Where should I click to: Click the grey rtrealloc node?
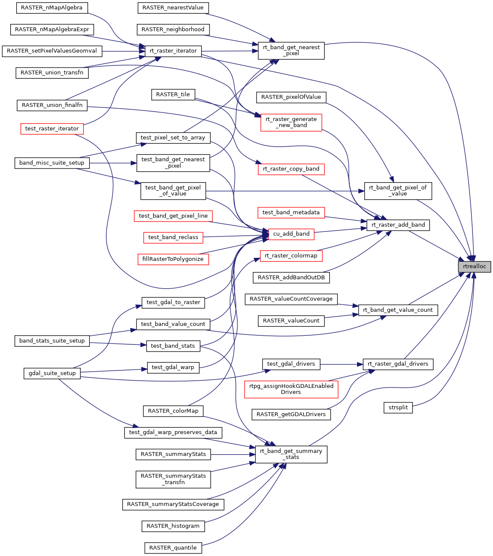[x=475, y=266]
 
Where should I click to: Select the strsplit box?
[x=398, y=408]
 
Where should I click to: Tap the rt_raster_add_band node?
[x=398, y=225]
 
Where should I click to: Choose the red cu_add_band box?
[x=291, y=234]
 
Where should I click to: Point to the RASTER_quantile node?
[x=173, y=548]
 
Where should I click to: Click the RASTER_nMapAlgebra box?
[x=52, y=8]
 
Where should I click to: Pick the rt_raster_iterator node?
[x=173, y=51]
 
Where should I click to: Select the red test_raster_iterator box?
[x=52, y=129]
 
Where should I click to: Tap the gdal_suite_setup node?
[x=52, y=373]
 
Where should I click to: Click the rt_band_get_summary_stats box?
[x=291, y=454]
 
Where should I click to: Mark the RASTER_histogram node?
[x=173, y=526]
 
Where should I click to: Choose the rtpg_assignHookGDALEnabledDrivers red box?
[x=291, y=389]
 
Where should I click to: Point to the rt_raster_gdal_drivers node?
[x=398, y=364]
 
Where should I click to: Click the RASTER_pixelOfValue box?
[x=291, y=97]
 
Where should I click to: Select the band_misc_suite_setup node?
[x=52, y=163]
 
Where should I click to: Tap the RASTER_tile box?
[x=173, y=95]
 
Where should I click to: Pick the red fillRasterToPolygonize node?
[x=173, y=259]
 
